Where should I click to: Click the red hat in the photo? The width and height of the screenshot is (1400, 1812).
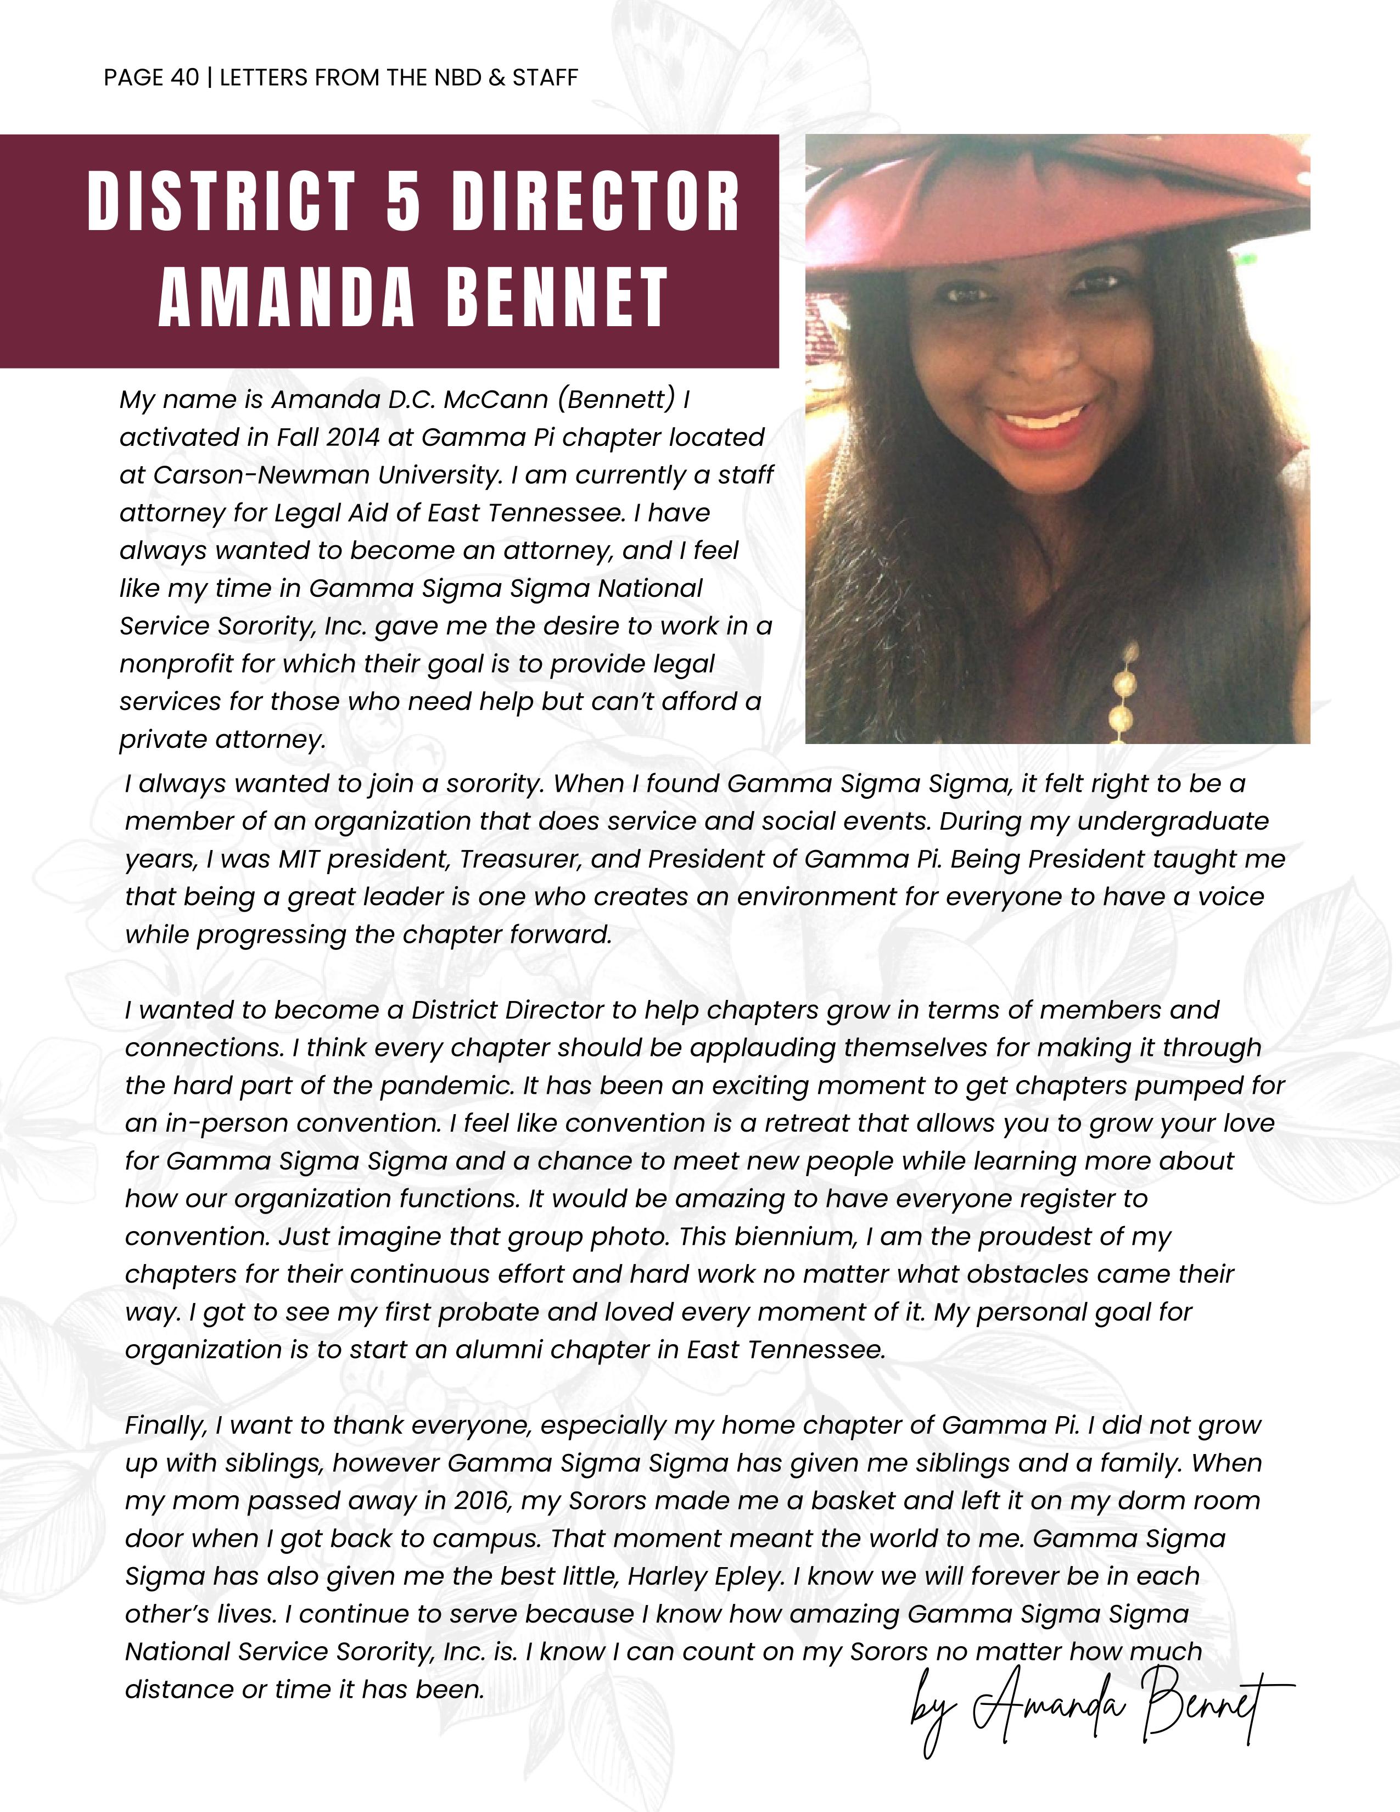click(x=1054, y=199)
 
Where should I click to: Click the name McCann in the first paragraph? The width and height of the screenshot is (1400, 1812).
click(x=495, y=400)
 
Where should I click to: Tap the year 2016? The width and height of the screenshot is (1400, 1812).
click(x=482, y=1500)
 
